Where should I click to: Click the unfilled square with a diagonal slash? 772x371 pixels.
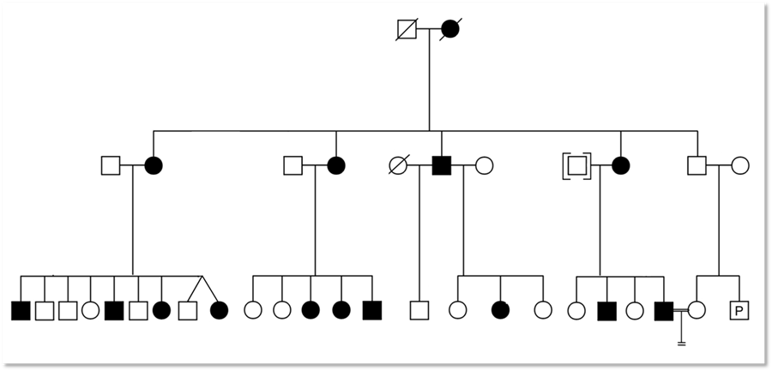407,29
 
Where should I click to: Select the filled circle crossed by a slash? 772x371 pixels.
450,29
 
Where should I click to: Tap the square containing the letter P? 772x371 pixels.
739,310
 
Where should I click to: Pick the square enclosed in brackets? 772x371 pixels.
576,165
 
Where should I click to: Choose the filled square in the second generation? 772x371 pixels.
441,165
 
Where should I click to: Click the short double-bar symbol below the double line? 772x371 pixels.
682,344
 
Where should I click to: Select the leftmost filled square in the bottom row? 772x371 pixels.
21,310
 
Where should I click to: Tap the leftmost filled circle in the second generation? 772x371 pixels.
154,165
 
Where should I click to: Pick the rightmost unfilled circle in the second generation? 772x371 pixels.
740,165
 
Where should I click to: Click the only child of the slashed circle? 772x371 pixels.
419,310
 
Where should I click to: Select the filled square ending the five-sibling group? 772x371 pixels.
371,310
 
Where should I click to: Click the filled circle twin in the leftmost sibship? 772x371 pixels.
219,310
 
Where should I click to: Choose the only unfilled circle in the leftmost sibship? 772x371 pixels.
91,310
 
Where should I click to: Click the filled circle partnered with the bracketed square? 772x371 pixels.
620,165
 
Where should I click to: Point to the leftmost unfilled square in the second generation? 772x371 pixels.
110,165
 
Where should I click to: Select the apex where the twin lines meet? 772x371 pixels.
202,277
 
